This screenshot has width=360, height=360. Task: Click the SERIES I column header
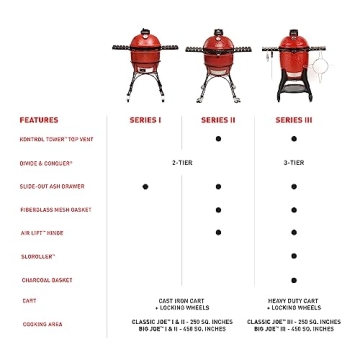(x=145, y=120)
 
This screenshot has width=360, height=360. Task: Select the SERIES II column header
(x=218, y=120)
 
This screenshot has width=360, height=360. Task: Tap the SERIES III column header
(x=293, y=120)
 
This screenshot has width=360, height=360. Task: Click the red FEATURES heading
(x=38, y=120)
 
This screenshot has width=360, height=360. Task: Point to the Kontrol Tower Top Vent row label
(x=56, y=139)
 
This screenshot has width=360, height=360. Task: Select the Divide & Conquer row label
(x=46, y=162)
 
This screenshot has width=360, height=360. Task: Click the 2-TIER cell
(x=182, y=162)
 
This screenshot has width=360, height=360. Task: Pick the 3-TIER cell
(x=293, y=162)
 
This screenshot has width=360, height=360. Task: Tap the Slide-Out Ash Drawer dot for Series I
(x=145, y=186)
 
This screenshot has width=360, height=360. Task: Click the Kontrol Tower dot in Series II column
(x=218, y=139)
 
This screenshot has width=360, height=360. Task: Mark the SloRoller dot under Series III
(x=294, y=256)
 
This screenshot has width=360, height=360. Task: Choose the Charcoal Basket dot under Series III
(x=294, y=280)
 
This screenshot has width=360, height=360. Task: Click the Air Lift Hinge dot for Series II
(x=218, y=232)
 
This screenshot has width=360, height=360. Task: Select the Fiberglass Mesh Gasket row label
(x=55, y=209)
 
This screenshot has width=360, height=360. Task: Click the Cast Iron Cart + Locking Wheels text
(x=182, y=303)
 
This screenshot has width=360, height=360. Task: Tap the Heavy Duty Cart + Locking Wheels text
(x=293, y=303)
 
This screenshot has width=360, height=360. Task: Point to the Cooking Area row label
(x=41, y=324)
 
